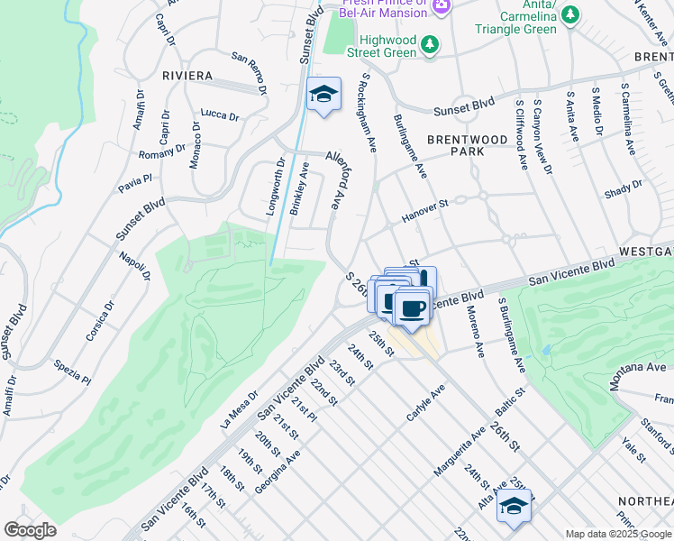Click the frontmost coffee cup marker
point(413,309)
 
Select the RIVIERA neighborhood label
point(187,75)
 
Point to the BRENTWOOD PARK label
point(468,145)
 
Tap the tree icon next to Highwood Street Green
point(432,43)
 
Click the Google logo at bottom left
point(30,530)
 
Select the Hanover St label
point(424,214)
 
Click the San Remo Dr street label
point(250,72)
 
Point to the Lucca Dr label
point(220,115)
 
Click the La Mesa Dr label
point(239,409)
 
